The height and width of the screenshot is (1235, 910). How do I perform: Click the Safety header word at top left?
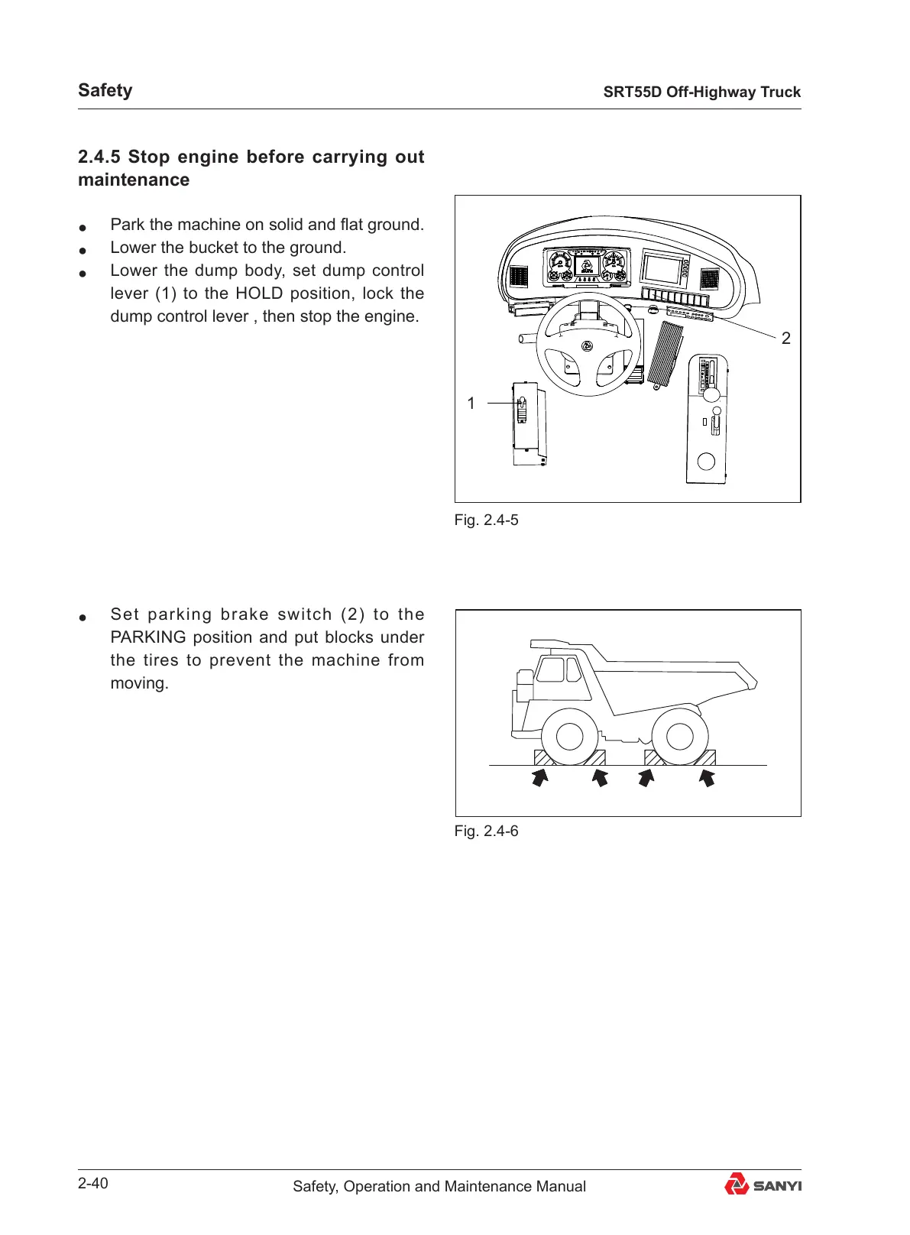(x=105, y=90)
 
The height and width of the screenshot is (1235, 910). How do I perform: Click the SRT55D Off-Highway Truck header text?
(x=701, y=92)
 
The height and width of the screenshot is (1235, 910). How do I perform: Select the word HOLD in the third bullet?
(x=259, y=293)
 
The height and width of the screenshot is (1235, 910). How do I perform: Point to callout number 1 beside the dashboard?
(x=471, y=403)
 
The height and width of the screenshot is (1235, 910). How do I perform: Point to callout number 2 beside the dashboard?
(x=785, y=338)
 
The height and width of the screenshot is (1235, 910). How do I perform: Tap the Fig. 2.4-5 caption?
(x=486, y=520)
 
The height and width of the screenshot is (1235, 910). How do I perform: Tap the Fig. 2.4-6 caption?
(x=486, y=831)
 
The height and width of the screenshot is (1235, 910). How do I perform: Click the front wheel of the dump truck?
(x=570, y=737)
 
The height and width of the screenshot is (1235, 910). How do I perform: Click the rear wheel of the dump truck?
(x=679, y=737)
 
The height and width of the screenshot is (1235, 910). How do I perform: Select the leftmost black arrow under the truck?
(x=540, y=778)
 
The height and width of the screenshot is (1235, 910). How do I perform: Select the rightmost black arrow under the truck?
(x=707, y=778)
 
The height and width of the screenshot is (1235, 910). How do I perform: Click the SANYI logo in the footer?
(x=763, y=1185)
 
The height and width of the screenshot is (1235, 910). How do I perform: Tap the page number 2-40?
(x=93, y=1184)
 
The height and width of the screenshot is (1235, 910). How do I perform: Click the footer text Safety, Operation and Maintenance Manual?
(x=439, y=1186)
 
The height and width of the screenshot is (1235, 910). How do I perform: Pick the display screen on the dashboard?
(x=662, y=269)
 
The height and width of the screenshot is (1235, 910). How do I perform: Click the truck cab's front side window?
(x=549, y=670)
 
